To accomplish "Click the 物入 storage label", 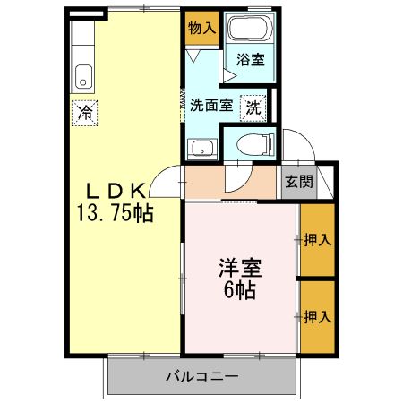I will coord(201,28).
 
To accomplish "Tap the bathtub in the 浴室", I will coord(248,27).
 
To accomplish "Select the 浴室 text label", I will coord(251,60).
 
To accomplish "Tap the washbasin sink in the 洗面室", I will coord(202,149).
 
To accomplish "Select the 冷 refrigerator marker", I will coord(84,114).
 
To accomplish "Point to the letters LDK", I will coord(115,191).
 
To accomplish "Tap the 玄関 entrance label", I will coord(299,181).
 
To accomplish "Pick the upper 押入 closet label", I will coord(317,239).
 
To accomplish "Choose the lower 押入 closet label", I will coord(317,316).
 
